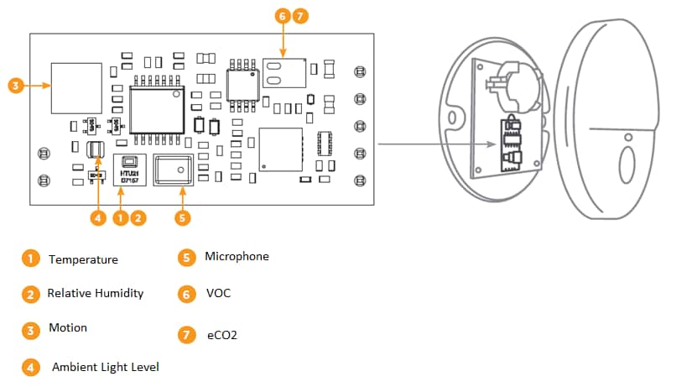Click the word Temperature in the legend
[83, 259]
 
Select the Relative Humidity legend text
[95, 293]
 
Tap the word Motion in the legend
[67, 327]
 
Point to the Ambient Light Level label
[105, 367]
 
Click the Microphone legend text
[237, 256]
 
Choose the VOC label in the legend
[218, 294]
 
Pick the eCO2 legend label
[222, 335]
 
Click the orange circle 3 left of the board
[15, 85]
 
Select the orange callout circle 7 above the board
[299, 16]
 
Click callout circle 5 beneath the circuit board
[183, 217]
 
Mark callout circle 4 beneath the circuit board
[98, 217]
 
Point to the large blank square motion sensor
[73, 87]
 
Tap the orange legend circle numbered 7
[186, 335]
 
